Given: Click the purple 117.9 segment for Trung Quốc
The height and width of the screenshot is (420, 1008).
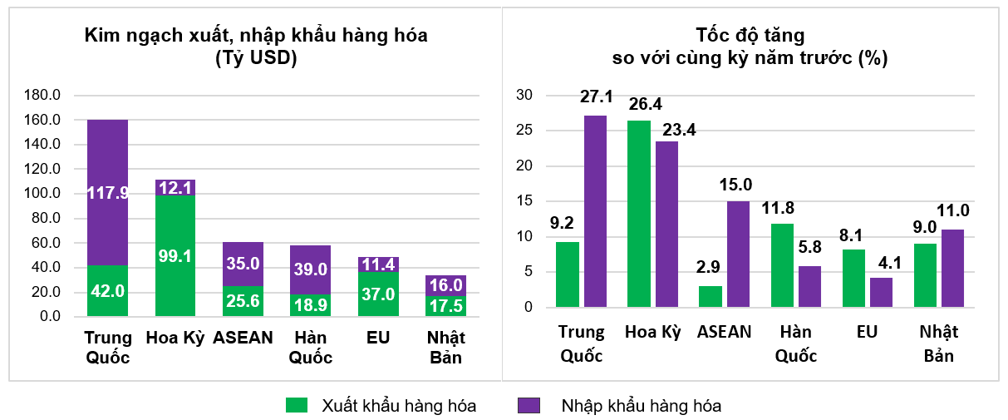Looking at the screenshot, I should [108, 193].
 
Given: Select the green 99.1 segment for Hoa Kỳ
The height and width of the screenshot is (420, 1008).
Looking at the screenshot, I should [175, 255].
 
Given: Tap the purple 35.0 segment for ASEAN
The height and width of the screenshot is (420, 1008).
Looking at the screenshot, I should [243, 264].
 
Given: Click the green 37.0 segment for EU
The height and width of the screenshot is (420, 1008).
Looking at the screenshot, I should [379, 294].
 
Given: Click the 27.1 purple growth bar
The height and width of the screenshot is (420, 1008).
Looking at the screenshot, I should [595, 211].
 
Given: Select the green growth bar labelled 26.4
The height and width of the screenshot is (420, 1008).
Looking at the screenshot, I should [639, 214].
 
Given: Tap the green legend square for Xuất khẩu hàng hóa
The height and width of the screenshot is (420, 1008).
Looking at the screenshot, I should [297, 405].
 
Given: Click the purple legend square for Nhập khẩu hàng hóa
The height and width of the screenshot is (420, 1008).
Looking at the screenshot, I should [529, 405].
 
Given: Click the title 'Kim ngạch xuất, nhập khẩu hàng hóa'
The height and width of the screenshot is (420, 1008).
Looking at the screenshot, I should [257, 35].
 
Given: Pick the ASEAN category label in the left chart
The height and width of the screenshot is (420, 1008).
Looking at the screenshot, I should [243, 338].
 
